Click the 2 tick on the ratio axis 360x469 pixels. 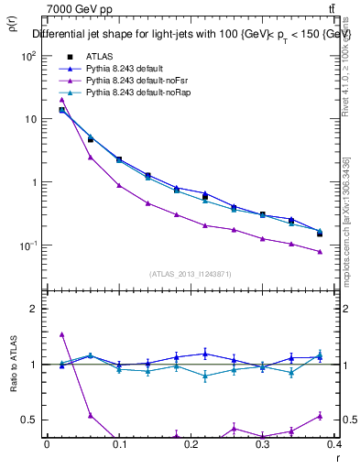coord(34,309)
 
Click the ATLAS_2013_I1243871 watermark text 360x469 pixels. coord(190,274)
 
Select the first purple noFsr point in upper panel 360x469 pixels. coord(61,99)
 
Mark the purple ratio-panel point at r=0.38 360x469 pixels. coord(320,415)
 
